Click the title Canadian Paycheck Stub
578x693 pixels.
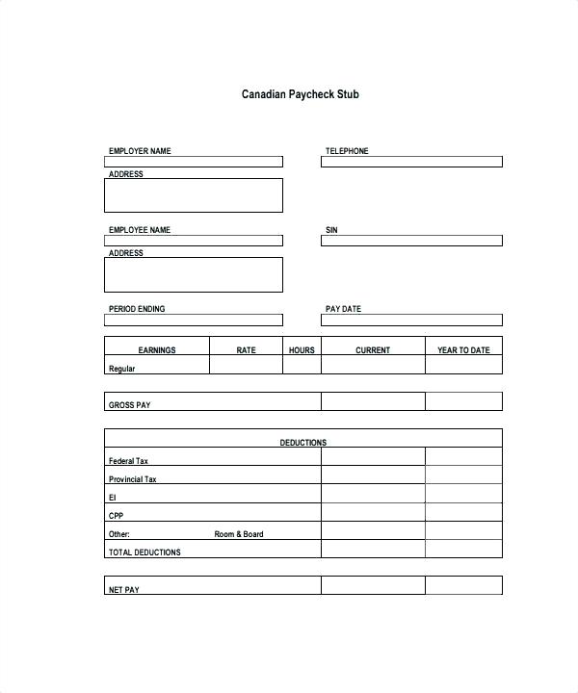tap(301, 95)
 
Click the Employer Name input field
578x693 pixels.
tap(193, 162)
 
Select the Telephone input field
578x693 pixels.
tap(411, 162)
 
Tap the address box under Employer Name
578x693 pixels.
tap(193, 195)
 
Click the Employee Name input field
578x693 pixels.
tap(193, 241)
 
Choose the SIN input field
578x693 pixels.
tap(411, 241)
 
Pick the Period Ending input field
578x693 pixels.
tap(193, 320)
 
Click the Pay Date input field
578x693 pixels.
tap(411, 320)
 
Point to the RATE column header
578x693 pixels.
tap(247, 350)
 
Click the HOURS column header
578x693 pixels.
tap(302, 350)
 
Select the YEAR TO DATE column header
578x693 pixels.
tap(463, 350)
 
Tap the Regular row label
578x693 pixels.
tap(122, 369)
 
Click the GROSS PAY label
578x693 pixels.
tap(130, 405)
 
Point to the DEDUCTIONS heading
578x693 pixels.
tap(302, 443)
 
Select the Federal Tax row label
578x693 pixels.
tap(128, 461)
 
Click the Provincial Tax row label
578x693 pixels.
tap(133, 479)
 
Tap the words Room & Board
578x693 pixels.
tap(238, 534)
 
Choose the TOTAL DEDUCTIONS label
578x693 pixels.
tap(144, 552)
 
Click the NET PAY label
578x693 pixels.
tap(124, 589)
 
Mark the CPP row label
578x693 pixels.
tap(117, 516)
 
